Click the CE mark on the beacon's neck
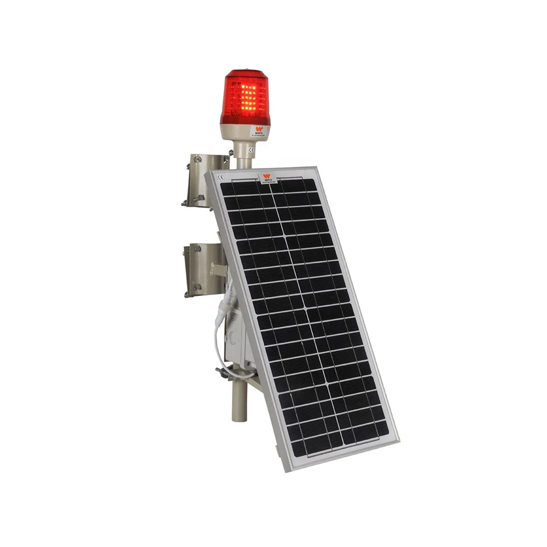pos(251,149)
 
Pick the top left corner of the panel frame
pos(210,173)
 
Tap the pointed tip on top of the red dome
pos(245,71)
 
